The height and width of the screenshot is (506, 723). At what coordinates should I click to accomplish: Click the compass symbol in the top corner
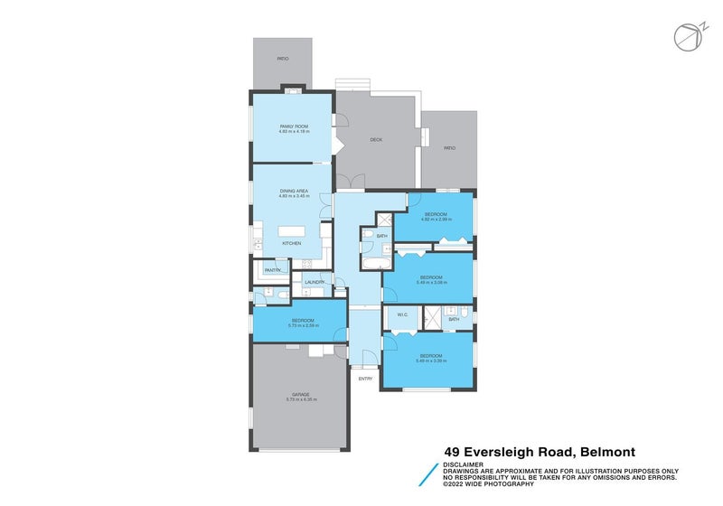687,35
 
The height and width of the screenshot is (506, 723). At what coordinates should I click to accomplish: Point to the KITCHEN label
291,243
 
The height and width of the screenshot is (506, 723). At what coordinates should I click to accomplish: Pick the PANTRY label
272,270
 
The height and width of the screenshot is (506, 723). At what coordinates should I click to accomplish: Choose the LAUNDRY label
314,283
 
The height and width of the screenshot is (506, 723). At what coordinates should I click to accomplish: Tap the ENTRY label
365,379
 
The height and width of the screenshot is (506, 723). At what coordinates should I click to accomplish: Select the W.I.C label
401,315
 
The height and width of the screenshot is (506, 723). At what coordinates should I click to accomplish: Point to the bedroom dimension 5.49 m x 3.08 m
429,282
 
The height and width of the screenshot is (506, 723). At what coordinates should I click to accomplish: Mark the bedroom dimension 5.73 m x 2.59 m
301,325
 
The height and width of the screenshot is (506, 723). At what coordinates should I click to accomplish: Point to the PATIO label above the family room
283,58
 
